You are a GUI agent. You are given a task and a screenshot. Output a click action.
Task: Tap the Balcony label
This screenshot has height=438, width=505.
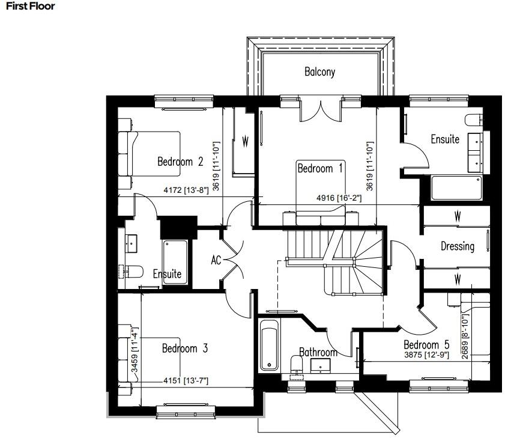click(x=319, y=72)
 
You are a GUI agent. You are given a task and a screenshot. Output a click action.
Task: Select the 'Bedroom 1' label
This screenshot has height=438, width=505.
click(x=320, y=169)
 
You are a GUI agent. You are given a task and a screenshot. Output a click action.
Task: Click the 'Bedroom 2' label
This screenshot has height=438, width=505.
click(x=180, y=161)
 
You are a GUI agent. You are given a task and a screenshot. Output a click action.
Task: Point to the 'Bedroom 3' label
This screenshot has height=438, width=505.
click(x=184, y=348)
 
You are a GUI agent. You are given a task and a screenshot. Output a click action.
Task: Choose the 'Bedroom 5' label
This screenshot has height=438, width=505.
click(x=426, y=345)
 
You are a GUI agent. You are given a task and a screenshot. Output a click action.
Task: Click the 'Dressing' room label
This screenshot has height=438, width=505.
click(x=457, y=246)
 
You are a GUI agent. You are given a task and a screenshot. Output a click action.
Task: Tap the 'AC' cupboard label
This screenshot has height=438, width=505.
click(x=217, y=261)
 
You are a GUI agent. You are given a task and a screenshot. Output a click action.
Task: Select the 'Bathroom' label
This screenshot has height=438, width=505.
click(x=318, y=353)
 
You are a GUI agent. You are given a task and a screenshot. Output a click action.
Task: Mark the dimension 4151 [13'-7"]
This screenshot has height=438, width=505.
click(x=186, y=381)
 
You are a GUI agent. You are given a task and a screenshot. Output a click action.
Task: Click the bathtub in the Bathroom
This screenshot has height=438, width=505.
click(x=269, y=346)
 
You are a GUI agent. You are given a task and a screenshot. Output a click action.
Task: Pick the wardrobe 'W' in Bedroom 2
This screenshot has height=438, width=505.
click(x=245, y=142)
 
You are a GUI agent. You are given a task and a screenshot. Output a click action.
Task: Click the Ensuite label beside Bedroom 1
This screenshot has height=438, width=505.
click(x=445, y=139)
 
